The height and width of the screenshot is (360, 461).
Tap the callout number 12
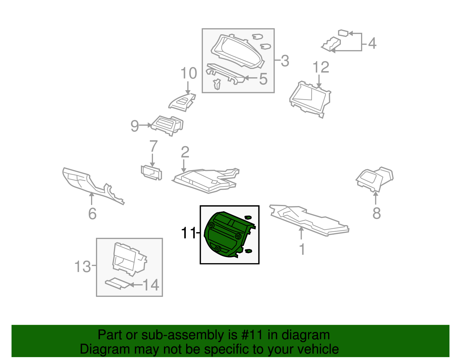click(321, 67)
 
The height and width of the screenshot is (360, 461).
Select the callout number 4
click(372, 44)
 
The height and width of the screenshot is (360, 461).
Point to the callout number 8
click(377, 214)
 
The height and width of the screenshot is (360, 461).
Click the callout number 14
click(151, 285)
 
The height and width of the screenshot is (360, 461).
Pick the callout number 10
click(189, 73)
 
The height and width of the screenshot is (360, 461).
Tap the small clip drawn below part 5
click(217, 84)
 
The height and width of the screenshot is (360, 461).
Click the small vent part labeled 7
click(151, 173)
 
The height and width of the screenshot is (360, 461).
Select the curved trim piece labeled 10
click(182, 102)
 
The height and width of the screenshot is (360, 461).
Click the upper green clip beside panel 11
click(247, 217)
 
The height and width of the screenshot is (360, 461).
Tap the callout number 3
click(285, 61)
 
